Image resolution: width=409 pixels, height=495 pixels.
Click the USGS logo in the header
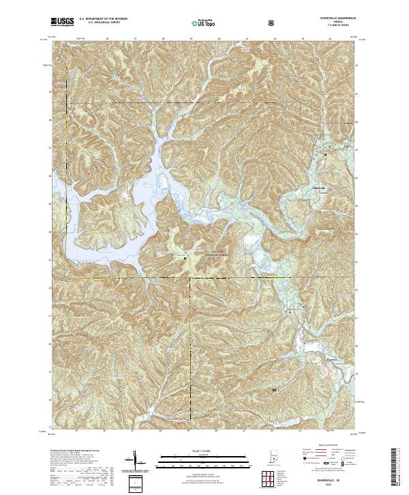point(62,23)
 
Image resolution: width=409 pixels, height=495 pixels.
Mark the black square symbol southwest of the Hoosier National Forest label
point(185,258)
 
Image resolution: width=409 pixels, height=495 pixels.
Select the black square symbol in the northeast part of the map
point(325,155)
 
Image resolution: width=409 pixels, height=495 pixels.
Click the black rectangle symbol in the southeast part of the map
point(275,390)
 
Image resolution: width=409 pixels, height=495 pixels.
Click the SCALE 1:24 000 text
point(204,451)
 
